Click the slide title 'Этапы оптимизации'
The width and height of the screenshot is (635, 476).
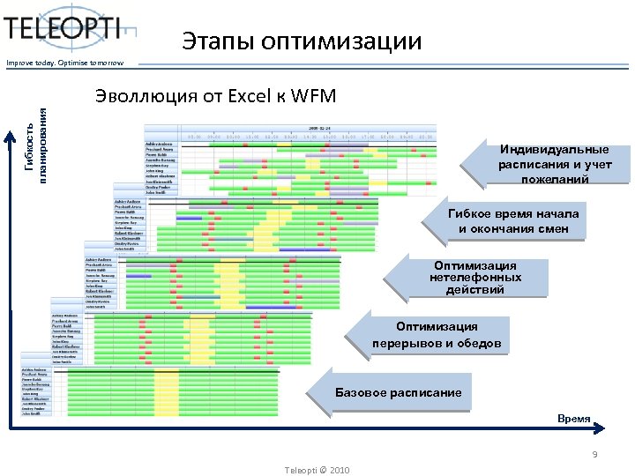click(x=302, y=41)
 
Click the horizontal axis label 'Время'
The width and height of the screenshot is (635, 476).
click(x=573, y=419)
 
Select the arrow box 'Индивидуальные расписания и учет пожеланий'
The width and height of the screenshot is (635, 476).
click(x=550, y=164)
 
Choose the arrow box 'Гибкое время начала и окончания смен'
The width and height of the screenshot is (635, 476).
click(x=511, y=222)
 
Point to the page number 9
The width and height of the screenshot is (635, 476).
click(x=595, y=456)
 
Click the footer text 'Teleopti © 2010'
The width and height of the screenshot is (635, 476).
click(x=317, y=470)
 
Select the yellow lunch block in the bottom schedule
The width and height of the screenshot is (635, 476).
click(x=166, y=396)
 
